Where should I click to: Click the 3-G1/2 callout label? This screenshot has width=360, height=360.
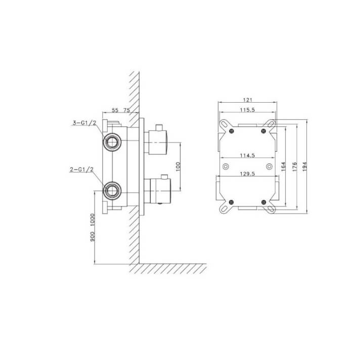(x=84, y=123)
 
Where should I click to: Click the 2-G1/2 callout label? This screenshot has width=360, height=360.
(x=82, y=170)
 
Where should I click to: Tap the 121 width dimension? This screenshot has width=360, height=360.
(x=248, y=100)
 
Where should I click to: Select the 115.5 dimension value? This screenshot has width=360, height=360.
(x=248, y=110)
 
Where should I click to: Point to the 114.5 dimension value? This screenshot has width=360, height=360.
(x=248, y=155)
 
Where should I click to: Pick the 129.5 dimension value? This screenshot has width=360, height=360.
(x=248, y=174)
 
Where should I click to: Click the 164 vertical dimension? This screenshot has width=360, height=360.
(x=284, y=166)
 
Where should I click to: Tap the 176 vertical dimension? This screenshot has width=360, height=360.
(x=295, y=166)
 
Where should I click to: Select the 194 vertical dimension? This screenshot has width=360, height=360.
(x=305, y=166)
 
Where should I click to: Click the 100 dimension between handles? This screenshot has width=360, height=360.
(x=178, y=166)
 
